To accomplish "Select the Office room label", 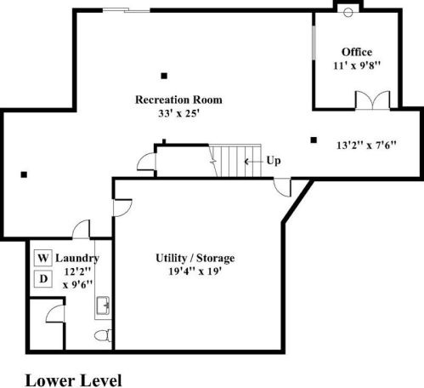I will click(357, 52).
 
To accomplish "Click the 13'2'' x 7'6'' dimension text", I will click(365, 144).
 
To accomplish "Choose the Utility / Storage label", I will click(195, 258).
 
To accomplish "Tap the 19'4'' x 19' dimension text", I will click(194, 272).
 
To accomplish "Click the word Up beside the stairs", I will click(274, 160).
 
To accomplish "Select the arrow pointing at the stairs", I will click(253, 160).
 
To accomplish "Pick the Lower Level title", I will click(73, 378).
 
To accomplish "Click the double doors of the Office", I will click(372, 100).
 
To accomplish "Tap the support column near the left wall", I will click(25, 175).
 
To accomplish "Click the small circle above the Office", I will click(347, 12).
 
